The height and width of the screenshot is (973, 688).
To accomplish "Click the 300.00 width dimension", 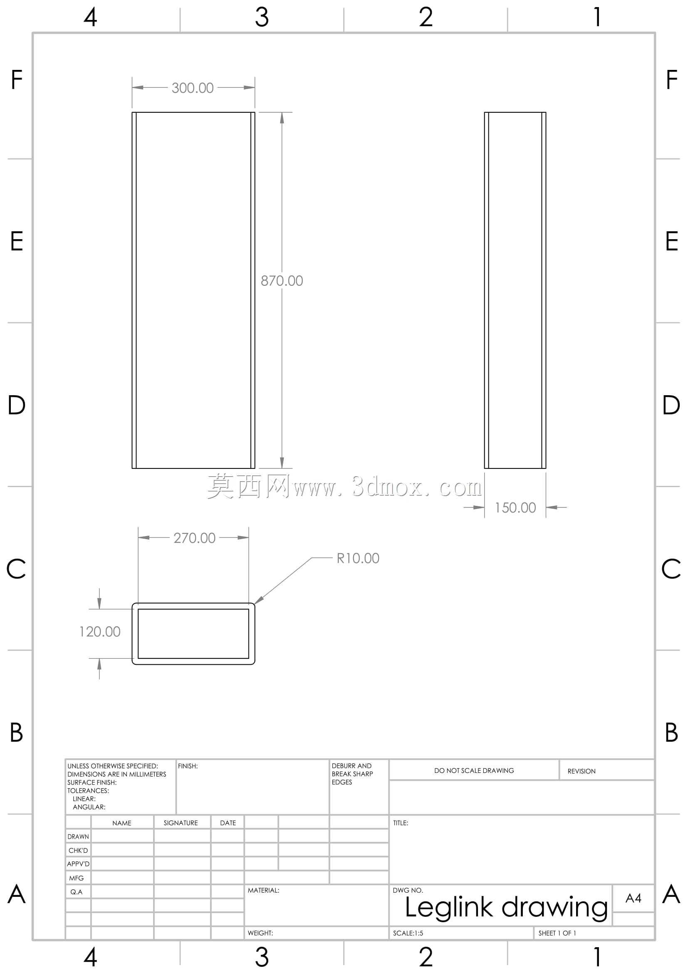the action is point(192,88).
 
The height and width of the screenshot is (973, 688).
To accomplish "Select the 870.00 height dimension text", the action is point(282,280).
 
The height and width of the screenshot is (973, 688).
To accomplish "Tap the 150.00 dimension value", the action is point(515,507).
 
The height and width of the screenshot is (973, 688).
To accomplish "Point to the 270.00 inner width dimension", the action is point(194,538).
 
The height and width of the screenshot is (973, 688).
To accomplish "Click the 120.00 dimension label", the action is point(99,631).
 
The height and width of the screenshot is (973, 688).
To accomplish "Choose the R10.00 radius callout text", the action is point(358,558).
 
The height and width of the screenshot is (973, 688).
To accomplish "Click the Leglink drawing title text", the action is point(506,908).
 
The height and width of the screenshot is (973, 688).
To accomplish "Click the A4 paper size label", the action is point(634,898).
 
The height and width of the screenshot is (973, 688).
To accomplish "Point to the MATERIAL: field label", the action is point(263,890).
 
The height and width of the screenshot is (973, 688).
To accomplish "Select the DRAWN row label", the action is point(78,837).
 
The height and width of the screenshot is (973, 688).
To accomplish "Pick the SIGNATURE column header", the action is point(181,823).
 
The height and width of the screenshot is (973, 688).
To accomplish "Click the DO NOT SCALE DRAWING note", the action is point(474,770).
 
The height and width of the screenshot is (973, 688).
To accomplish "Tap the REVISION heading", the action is point(582,771).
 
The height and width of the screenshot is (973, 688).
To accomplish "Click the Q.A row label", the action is point(76,891).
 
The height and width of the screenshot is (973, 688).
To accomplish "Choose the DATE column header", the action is point(228,823).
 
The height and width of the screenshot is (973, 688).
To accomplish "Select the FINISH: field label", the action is point(188,766).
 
